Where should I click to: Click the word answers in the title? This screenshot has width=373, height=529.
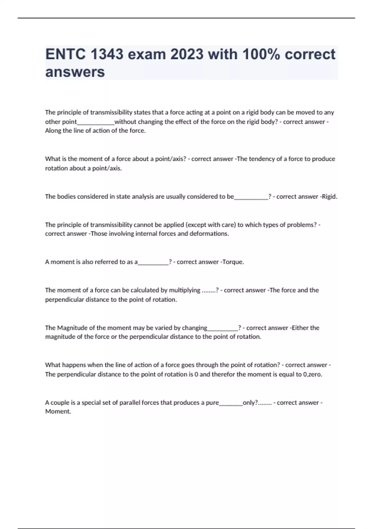[75, 72]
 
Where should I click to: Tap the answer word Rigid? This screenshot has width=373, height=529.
[329, 197]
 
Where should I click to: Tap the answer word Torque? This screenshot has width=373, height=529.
[233, 262]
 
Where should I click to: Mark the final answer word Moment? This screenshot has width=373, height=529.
[58, 411]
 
